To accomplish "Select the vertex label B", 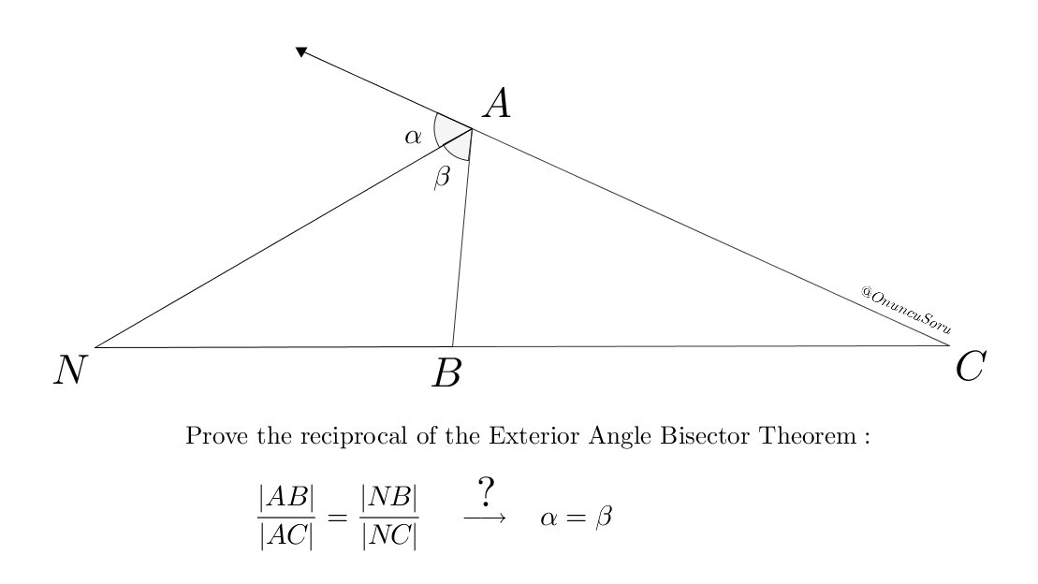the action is pos(446,374).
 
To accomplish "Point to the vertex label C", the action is pos(970,367).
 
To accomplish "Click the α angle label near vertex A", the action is pos(413,137).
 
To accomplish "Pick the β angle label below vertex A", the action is pos(442,177).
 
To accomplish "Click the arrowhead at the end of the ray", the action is pos(301,51).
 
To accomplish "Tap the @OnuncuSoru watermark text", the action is pos(905,309).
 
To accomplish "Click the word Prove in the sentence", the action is pos(211,436).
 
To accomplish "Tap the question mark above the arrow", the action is pos(485,491).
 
